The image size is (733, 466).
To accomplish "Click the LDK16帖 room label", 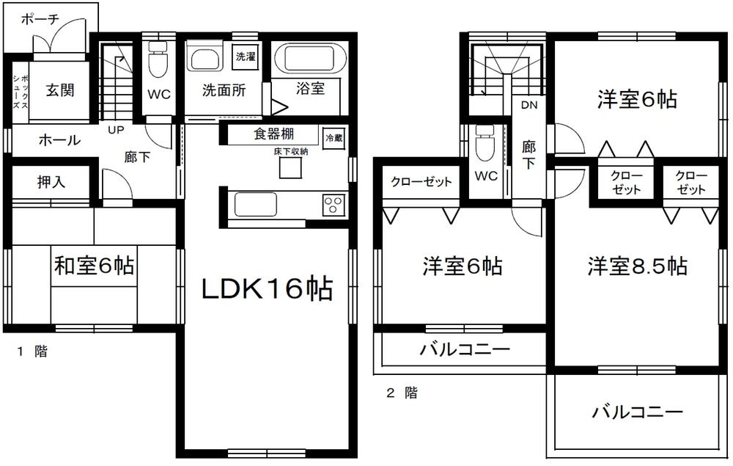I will pos(267,289).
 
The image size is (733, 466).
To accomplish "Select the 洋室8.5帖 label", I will pos(636,266).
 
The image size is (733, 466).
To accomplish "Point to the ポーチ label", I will pos(40,20).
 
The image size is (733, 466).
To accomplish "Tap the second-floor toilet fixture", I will pos(484,145).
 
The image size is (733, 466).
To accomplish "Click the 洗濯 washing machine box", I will pos(246,57).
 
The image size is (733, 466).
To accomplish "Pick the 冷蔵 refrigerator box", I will pos(334,137).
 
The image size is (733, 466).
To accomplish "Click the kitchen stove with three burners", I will pos(334,203).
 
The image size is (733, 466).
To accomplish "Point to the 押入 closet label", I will pos(51,183).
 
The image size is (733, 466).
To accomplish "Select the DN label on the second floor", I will pos(529,105).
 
